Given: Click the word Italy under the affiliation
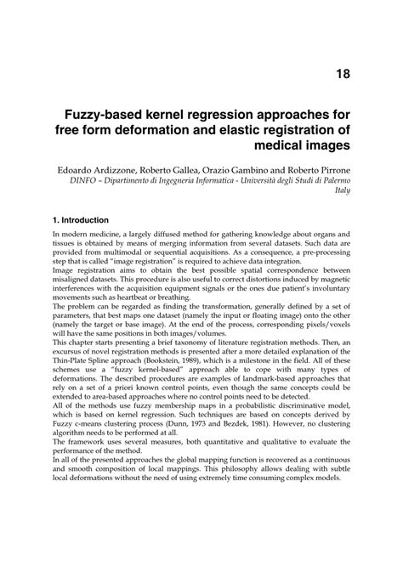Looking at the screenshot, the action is point(341,192).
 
